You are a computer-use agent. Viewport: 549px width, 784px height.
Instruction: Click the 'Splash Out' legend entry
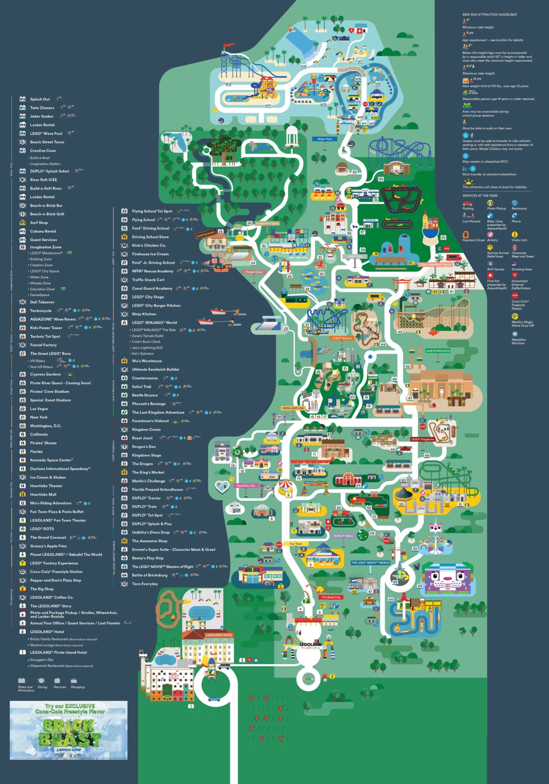coord(39,99)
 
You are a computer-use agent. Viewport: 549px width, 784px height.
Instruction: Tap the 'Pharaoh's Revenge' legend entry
coord(148,404)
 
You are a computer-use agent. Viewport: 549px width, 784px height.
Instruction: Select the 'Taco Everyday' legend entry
coord(145,584)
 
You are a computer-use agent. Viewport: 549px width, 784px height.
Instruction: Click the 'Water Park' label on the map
coord(325,139)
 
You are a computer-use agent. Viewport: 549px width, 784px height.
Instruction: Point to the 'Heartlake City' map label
coord(246,486)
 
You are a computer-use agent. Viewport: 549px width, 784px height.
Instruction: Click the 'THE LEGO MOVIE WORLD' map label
coord(370,562)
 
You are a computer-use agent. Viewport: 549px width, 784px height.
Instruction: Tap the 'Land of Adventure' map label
coord(437,351)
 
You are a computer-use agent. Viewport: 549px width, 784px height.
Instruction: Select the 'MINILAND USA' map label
coord(293,408)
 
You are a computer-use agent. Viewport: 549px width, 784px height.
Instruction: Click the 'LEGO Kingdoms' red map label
coord(422,439)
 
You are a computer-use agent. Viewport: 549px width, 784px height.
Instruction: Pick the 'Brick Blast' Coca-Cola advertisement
coord(69,730)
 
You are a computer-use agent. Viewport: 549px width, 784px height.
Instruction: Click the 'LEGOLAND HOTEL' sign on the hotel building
coord(219,635)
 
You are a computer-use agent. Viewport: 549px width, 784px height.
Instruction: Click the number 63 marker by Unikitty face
coord(420,586)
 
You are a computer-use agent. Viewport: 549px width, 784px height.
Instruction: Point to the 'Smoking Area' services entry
coord(521,269)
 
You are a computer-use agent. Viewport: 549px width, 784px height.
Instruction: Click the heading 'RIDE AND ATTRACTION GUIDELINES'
coord(489,15)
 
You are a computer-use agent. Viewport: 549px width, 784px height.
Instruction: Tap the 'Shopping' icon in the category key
coord(77,683)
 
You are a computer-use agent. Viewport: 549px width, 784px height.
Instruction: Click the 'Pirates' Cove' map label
coord(254,272)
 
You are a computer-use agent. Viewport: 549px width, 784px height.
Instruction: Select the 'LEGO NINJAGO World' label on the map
coord(435,264)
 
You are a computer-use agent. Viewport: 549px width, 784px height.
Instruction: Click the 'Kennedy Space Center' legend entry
coord(51,460)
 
